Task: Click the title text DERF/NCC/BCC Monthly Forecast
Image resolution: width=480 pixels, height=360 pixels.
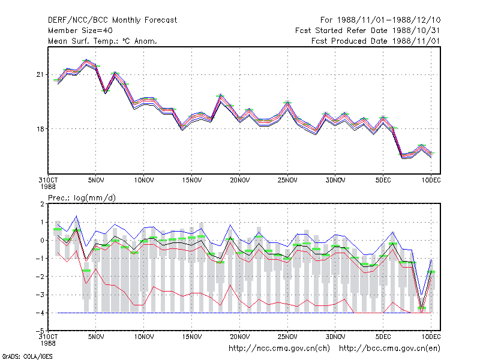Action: click(x=112, y=20)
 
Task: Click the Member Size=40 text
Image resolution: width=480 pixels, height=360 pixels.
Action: click(x=80, y=31)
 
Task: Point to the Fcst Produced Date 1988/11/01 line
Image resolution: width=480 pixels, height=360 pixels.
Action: click(x=376, y=41)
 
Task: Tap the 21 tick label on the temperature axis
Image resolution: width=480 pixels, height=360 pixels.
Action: click(x=40, y=74)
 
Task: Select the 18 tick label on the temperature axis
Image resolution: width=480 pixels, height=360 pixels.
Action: click(x=40, y=129)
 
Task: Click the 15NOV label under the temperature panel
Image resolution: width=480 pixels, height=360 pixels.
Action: click(x=192, y=181)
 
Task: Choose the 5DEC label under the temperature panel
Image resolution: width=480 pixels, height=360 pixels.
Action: click(x=383, y=181)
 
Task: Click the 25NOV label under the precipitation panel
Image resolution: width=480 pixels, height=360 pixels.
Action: click(x=287, y=337)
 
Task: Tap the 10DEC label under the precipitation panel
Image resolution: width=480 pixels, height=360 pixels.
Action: click(x=431, y=337)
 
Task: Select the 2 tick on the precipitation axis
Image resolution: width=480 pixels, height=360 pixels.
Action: click(x=42, y=204)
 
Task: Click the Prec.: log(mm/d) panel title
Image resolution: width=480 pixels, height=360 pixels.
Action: click(x=82, y=198)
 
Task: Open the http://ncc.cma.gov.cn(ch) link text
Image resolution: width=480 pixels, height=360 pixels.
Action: click(x=279, y=349)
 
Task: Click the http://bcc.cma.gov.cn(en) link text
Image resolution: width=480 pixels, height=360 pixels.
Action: click(x=389, y=349)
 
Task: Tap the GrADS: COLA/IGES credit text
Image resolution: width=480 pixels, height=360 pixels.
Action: click(x=28, y=356)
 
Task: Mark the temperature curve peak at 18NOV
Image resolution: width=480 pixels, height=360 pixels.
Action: click(x=220, y=95)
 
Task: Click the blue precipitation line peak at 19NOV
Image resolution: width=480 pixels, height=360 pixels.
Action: click(x=230, y=226)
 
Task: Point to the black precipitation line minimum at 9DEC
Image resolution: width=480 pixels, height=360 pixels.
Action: click(x=422, y=307)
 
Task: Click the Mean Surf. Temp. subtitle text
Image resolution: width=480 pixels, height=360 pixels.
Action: click(x=103, y=41)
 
